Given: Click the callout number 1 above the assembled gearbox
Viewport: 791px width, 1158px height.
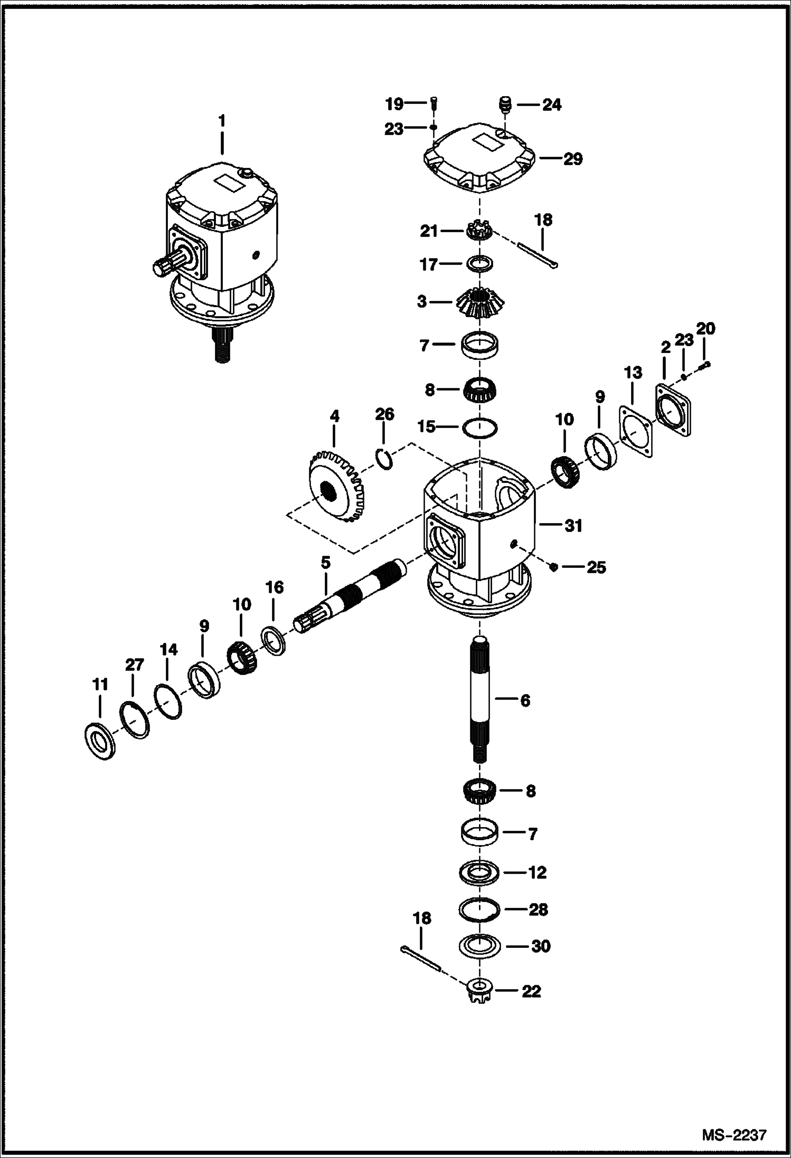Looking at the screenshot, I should point(222,121).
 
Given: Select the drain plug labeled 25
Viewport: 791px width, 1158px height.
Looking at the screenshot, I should point(553,567).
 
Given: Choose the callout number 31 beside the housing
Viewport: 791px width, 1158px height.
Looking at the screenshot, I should point(573,525).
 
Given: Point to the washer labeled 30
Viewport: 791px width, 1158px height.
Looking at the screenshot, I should point(479,946).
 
